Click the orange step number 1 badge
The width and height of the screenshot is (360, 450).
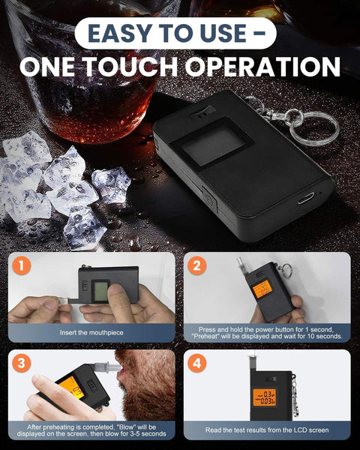22,265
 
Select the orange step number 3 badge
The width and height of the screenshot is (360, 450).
22,363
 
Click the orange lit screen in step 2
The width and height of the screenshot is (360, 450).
262,289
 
